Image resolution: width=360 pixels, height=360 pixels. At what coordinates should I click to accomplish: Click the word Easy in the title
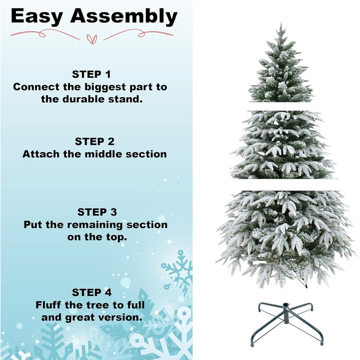click(x=37, y=16)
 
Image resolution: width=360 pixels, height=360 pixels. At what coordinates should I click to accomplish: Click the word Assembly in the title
click(x=124, y=16)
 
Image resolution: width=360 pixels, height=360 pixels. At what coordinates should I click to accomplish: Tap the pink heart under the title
click(x=92, y=39)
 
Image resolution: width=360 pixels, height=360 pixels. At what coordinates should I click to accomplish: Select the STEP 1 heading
click(x=92, y=75)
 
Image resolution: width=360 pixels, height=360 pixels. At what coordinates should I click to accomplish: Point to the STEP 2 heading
click(x=94, y=141)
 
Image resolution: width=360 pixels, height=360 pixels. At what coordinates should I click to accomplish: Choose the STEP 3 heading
click(x=97, y=212)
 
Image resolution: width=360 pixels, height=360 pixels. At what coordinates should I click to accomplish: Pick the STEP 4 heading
click(x=92, y=293)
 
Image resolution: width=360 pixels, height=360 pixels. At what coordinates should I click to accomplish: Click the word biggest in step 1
click(x=105, y=87)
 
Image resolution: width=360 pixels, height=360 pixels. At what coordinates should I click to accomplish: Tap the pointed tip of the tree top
click(x=281, y=23)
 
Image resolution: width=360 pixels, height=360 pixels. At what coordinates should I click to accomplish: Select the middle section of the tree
click(x=282, y=145)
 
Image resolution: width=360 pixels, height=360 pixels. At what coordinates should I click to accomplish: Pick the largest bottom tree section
click(x=286, y=239)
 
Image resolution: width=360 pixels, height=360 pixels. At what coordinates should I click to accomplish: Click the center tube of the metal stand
click(x=286, y=313)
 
